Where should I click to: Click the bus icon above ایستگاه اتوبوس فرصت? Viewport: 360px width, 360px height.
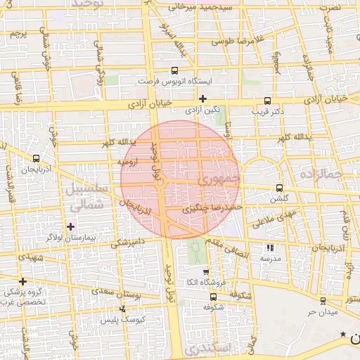[175, 70]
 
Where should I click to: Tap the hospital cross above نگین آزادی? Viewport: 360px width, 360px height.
[203, 98]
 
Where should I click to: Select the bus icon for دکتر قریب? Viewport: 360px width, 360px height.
[267, 101]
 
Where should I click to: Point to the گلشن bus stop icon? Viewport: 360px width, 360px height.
[280, 188]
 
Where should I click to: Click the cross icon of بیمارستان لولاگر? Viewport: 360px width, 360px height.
[70, 226]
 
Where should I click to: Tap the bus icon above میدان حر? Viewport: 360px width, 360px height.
[323, 300]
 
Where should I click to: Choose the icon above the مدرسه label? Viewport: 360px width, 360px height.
[270, 247]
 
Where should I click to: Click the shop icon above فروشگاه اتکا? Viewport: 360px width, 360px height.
[205, 272]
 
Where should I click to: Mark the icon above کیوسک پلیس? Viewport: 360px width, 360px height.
[123, 308]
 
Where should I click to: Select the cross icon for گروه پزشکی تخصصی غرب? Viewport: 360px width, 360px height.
[23, 281]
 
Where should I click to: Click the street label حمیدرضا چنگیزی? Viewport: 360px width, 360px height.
[212, 209]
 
